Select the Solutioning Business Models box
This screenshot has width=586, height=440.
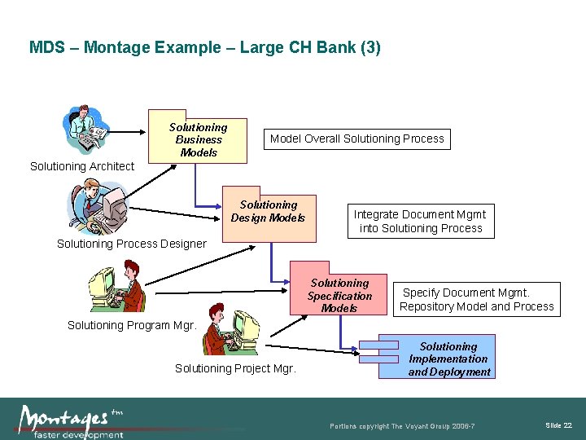[x=198, y=139]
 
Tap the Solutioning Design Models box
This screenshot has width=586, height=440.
[x=269, y=212]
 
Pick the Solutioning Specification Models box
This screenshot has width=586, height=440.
[x=339, y=295]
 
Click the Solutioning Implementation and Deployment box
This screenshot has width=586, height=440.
[x=448, y=359]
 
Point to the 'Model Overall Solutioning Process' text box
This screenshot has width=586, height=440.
[x=356, y=139]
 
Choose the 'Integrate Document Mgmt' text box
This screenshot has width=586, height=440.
[x=420, y=221]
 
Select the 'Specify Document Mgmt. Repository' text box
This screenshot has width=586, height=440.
[x=477, y=299]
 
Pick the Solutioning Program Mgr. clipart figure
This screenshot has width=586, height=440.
[x=117, y=286]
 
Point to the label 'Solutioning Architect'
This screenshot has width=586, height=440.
[x=82, y=166]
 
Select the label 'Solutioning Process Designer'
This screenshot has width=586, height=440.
[x=131, y=244]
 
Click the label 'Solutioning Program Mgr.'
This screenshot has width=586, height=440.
[x=132, y=325]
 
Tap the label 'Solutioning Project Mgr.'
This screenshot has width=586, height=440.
[x=235, y=368]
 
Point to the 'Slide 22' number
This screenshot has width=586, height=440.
[x=558, y=425]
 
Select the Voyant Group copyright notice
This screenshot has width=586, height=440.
[x=402, y=427]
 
